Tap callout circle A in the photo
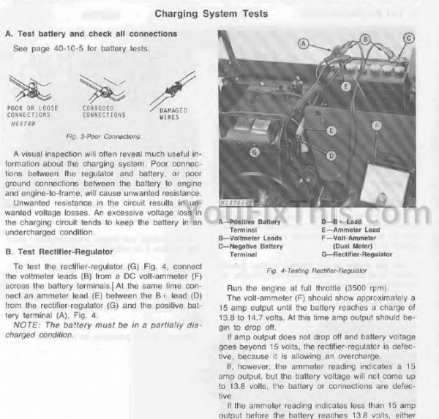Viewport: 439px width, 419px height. pyautogui.click(x=302, y=43)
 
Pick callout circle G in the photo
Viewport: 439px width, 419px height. pyautogui.click(x=255, y=152)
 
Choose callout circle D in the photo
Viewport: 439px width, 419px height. pyautogui.click(x=331, y=155)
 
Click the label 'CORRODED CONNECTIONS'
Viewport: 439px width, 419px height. pyautogui.click(x=103, y=111)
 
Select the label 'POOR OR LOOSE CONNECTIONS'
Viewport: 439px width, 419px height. pyautogui.click(x=29, y=111)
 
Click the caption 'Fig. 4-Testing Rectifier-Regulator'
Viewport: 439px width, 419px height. pyautogui.click(x=317, y=270)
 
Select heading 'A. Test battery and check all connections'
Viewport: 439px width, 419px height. pyautogui.click(x=90, y=34)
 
